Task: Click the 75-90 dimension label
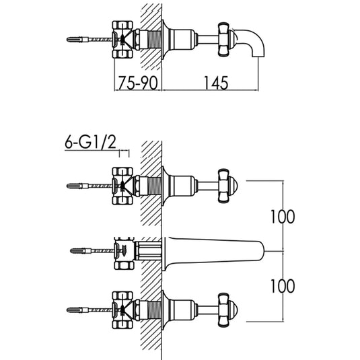coord(138,83)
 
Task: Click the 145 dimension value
coord(216,83)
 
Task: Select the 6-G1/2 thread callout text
coord(90,143)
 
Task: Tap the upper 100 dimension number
coord(283,217)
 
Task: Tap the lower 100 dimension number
coord(283,286)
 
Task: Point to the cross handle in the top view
coord(224,39)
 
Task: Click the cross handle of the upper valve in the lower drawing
coord(224,186)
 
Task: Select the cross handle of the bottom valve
coord(224,310)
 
